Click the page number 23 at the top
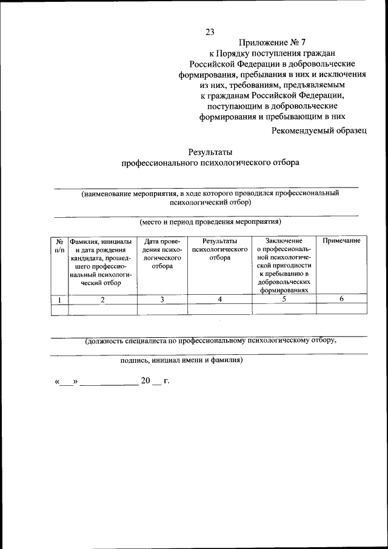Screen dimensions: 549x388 click(x=210, y=32)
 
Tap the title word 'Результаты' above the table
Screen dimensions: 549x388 click(x=210, y=152)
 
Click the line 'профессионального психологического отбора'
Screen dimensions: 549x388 click(x=210, y=163)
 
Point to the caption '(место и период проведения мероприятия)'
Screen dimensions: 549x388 click(x=210, y=222)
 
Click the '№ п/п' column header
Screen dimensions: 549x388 click(x=59, y=245)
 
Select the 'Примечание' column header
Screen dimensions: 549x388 click(x=341, y=241)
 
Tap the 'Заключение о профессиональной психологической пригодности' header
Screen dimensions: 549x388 click(x=284, y=265)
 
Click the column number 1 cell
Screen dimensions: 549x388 click(x=59, y=299)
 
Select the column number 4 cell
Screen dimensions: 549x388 click(x=219, y=299)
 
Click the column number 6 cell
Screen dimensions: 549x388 click(x=341, y=299)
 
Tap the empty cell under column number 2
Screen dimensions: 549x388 click(x=102, y=309)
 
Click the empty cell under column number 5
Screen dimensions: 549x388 click(x=284, y=309)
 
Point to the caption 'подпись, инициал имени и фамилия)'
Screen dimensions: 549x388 click(x=182, y=359)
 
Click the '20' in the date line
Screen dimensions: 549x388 click(x=145, y=382)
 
